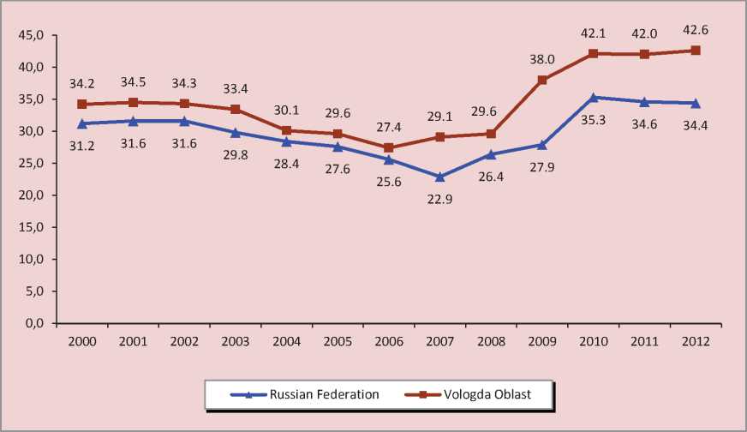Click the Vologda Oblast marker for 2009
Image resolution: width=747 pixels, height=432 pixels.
click(542, 80)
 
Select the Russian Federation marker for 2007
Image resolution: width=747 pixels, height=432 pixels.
click(439, 177)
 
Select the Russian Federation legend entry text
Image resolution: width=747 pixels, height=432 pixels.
click(325, 395)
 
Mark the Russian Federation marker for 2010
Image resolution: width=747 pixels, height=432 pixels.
click(594, 97)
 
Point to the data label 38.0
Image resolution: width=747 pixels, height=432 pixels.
click(542, 59)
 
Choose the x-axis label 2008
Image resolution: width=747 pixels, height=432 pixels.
click(491, 341)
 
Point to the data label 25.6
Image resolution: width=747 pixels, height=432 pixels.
click(388, 183)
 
